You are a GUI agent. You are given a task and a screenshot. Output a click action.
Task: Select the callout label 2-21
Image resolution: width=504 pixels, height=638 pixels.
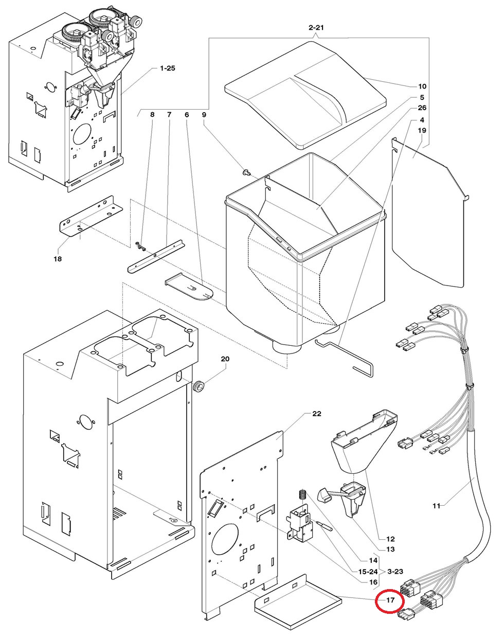(x=316, y=28)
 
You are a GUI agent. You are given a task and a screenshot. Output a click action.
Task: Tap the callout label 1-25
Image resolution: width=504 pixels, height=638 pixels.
(x=168, y=68)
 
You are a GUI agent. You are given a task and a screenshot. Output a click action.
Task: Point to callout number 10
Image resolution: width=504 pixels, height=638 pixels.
(x=422, y=86)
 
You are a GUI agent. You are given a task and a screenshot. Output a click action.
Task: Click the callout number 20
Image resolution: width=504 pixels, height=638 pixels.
(x=225, y=359)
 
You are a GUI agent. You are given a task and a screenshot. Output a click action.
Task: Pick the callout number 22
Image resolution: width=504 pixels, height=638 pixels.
(x=316, y=414)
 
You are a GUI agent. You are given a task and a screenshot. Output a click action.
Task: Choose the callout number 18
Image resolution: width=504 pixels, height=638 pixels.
(x=58, y=259)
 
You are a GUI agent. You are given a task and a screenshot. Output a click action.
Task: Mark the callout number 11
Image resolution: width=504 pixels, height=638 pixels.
(x=437, y=505)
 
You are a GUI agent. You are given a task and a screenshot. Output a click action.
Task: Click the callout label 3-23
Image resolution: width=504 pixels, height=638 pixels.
(x=395, y=571)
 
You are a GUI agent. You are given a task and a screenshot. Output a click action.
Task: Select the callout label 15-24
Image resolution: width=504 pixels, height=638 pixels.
(x=368, y=571)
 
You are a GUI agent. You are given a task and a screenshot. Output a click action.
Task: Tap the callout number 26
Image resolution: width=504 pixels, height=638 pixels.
(x=422, y=108)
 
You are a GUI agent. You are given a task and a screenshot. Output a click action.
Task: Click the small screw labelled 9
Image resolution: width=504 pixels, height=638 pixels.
(x=245, y=172)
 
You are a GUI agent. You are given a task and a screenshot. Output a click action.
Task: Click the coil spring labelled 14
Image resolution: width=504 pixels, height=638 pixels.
(x=302, y=494)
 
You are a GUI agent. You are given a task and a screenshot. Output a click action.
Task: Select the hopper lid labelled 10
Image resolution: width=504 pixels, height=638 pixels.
(x=305, y=95)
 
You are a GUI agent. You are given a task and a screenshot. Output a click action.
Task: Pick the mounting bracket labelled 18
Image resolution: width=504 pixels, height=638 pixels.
(x=91, y=216)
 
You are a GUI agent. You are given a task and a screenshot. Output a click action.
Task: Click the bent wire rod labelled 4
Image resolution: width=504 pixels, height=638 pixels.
(x=344, y=358)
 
